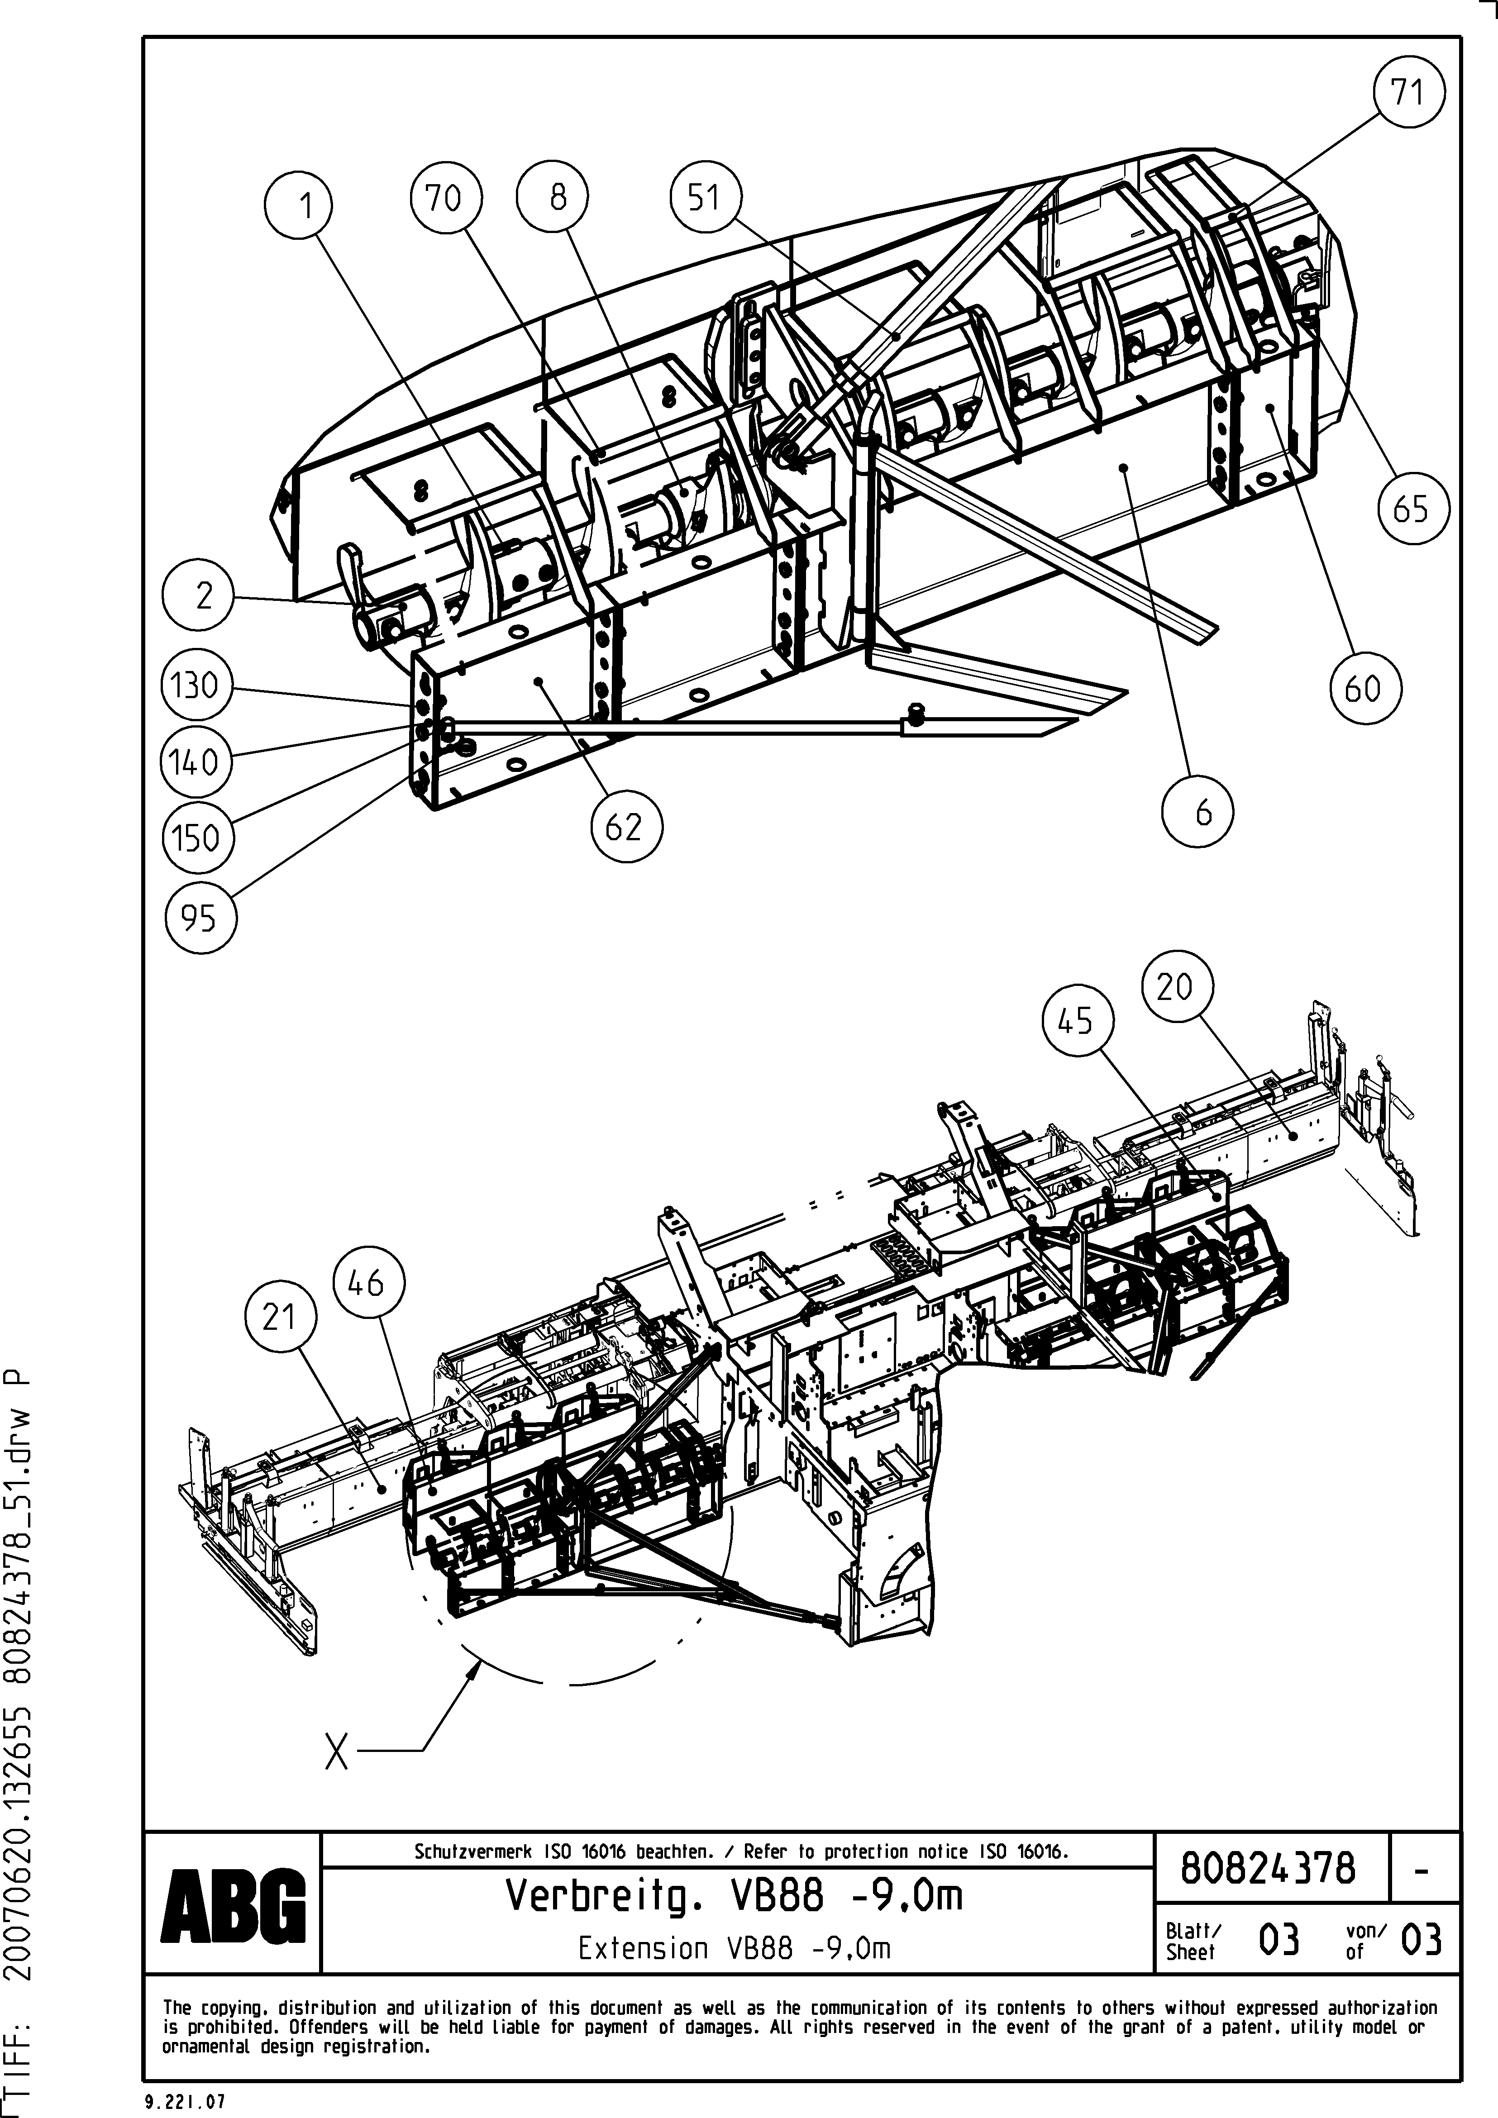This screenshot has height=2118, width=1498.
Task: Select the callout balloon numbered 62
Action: point(625,826)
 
